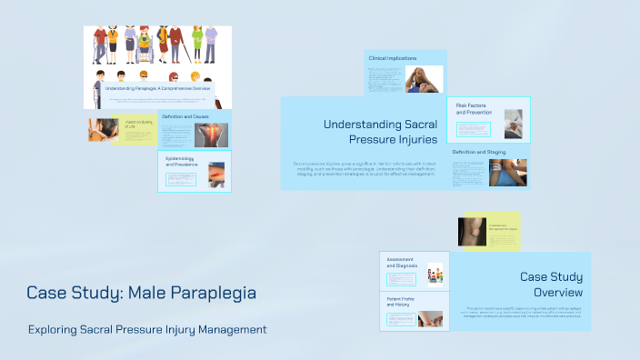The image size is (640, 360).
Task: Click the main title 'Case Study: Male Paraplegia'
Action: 141,293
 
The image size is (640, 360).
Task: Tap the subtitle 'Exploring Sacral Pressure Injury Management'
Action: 147,328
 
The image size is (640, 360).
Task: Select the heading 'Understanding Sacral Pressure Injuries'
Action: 380,131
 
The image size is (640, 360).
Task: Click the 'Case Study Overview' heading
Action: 551,285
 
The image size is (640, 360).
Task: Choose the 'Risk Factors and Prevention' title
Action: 473,109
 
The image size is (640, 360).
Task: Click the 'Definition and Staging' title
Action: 477,152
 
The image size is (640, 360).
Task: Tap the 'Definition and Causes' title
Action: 185,116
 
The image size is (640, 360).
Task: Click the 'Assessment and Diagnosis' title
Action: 401,263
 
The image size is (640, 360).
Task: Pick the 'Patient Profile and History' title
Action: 401,302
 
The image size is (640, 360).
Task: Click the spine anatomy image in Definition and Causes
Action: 211,135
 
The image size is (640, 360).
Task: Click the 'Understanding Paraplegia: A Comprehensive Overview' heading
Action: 157,88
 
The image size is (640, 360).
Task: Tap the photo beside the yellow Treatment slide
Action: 472,231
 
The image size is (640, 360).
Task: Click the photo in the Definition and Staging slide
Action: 507,172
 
